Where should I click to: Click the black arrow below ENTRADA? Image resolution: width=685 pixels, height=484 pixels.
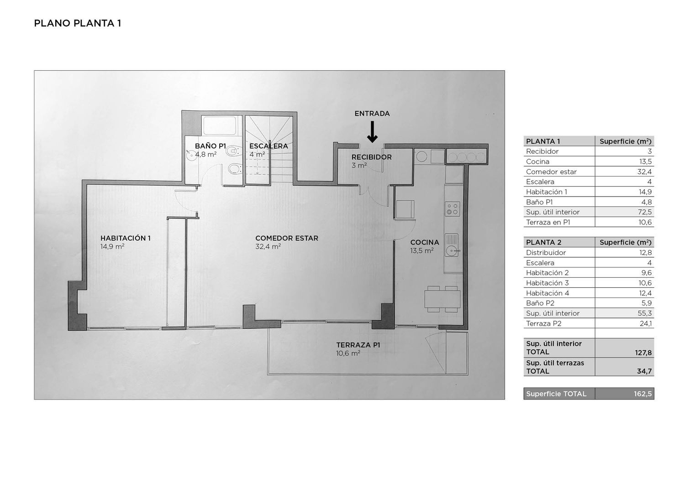[372, 132]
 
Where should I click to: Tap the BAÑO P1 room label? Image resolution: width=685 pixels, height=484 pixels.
[210, 146]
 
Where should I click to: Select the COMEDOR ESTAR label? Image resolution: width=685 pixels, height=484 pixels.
[286, 238]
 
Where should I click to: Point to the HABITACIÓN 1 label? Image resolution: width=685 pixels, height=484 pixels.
[126, 238]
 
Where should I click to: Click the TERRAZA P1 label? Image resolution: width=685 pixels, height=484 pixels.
[358, 345]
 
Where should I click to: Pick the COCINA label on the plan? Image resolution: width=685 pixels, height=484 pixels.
[424, 242]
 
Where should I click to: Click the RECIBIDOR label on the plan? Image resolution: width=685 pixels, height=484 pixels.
[372, 157]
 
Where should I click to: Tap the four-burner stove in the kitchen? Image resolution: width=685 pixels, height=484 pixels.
[452, 208]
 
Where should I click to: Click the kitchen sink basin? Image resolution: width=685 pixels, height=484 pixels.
[452, 251]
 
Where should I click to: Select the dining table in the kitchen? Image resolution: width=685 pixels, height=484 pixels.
[442, 299]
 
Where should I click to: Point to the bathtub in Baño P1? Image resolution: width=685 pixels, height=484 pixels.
[220, 125]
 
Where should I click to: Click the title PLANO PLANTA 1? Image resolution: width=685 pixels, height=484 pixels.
[77, 23]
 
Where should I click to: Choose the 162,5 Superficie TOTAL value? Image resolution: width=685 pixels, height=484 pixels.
[643, 394]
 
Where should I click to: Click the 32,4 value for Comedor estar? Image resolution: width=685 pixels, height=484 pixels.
[644, 172]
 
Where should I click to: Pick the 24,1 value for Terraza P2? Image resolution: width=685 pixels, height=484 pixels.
[646, 323]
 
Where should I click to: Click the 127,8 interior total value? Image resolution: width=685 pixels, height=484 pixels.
[643, 353]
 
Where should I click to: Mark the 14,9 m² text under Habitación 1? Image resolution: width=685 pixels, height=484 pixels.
[112, 247]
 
